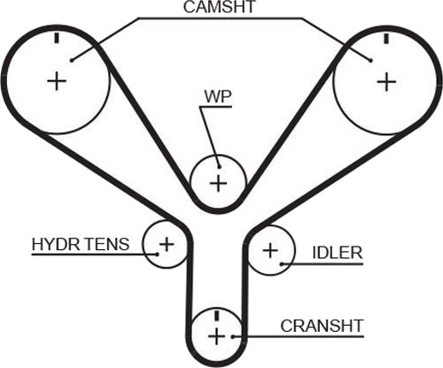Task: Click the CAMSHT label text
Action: pyautogui.click(x=220, y=7)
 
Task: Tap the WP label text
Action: pyautogui.click(x=218, y=97)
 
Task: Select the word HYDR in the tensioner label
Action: pyautogui.click(x=55, y=244)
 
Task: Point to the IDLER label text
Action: pyautogui.click(x=338, y=253)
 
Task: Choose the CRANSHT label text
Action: pyautogui.click(x=322, y=326)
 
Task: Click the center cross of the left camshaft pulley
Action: pyautogui.click(x=57, y=81)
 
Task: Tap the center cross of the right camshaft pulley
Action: pyautogui.click(x=387, y=82)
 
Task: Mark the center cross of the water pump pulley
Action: pyautogui.click(x=219, y=183)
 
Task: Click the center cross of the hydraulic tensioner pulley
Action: pyautogui.click(x=167, y=244)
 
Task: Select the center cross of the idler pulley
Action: pyautogui.click(x=270, y=251)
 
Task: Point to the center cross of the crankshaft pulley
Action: pyautogui.click(x=216, y=336)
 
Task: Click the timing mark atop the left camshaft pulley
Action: pyautogui.click(x=57, y=38)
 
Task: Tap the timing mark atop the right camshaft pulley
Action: pyautogui.click(x=387, y=39)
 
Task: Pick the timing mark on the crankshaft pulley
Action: pyautogui.click(x=216, y=315)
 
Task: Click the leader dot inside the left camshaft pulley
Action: pyautogui.click(x=71, y=61)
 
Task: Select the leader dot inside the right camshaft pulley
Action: pyautogui.click(x=371, y=61)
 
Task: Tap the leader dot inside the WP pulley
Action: pyautogui.click(x=219, y=167)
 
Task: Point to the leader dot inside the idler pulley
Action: pyautogui.click(x=281, y=264)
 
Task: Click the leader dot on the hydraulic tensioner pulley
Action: pyautogui.click(x=157, y=254)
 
